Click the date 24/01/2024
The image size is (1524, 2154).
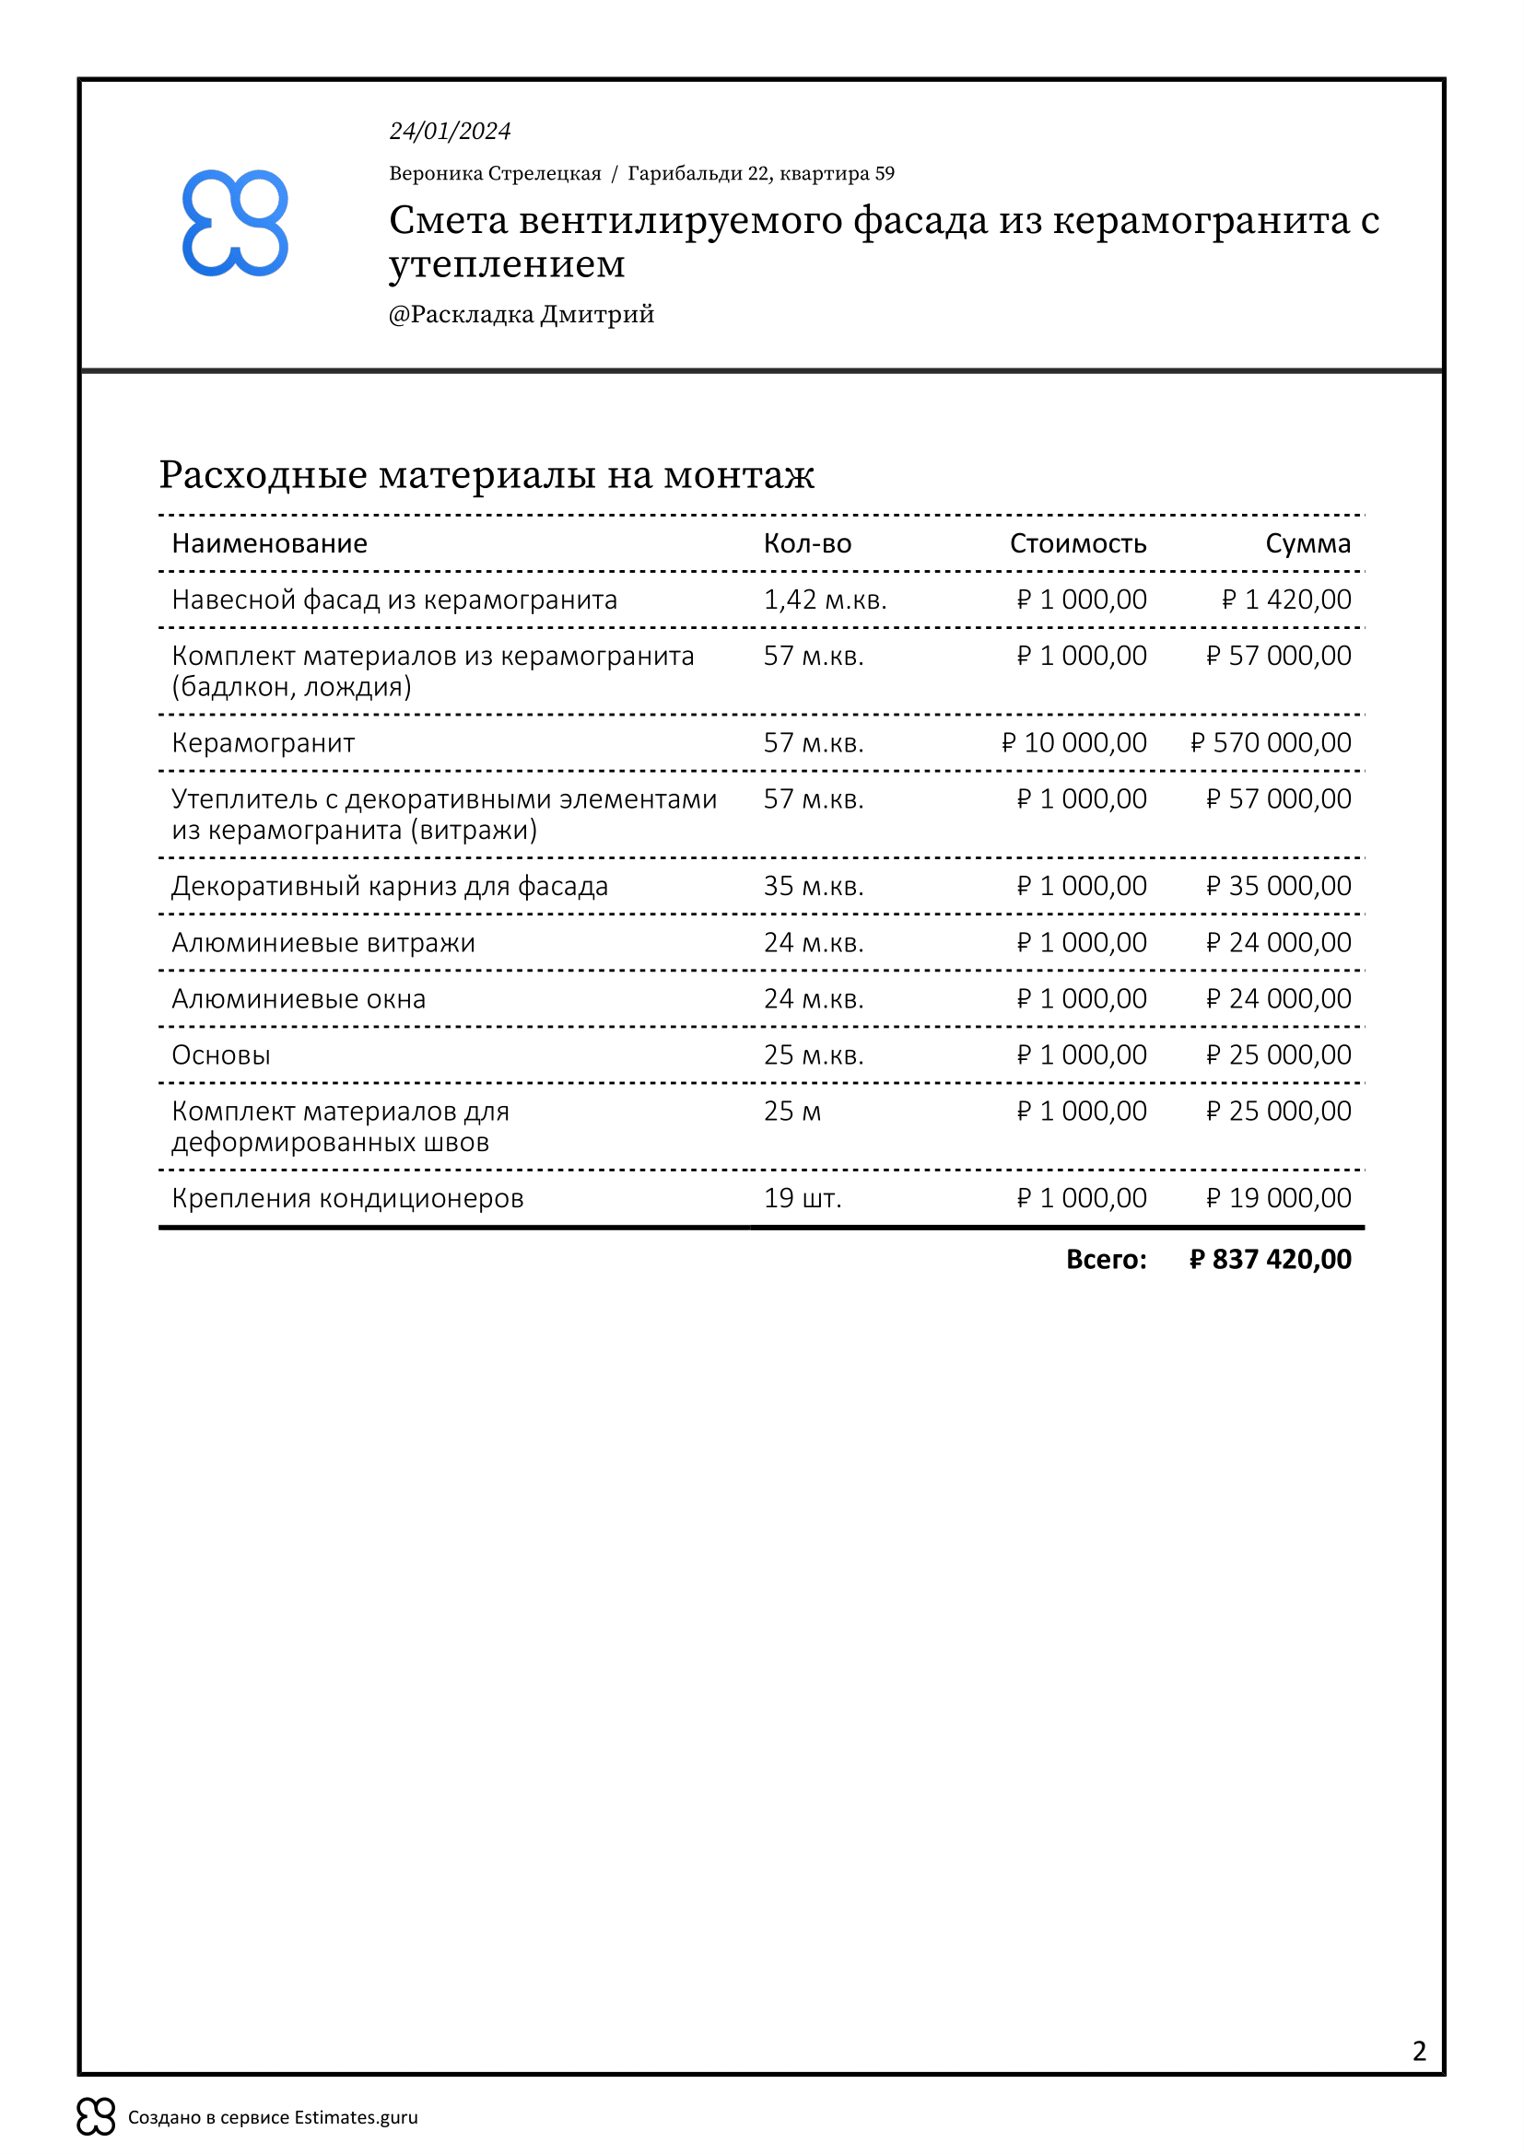[x=450, y=132]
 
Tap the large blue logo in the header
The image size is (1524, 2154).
[x=235, y=223]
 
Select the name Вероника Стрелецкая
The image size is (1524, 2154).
[x=495, y=173]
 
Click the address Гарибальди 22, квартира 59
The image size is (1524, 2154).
[x=760, y=173]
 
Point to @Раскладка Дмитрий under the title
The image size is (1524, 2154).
[x=521, y=314]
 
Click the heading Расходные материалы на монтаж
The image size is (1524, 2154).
[x=487, y=474]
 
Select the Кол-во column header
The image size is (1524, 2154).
[x=807, y=543]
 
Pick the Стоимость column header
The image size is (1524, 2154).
[x=1077, y=543]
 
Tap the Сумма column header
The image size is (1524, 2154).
[x=1307, y=543]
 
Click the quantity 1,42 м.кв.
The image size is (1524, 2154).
[x=825, y=600]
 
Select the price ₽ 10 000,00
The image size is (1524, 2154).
[x=1073, y=743]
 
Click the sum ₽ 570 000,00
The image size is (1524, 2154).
[x=1271, y=743]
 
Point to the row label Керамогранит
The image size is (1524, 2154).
[x=263, y=743]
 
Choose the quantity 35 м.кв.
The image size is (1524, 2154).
[x=814, y=886]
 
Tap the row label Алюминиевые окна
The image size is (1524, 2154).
[x=299, y=999]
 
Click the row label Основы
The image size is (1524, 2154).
[x=221, y=1055]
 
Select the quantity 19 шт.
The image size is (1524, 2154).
[x=803, y=1198]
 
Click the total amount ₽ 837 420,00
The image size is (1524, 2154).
[x=1270, y=1259]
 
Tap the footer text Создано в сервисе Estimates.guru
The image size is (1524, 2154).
[x=272, y=2117]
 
